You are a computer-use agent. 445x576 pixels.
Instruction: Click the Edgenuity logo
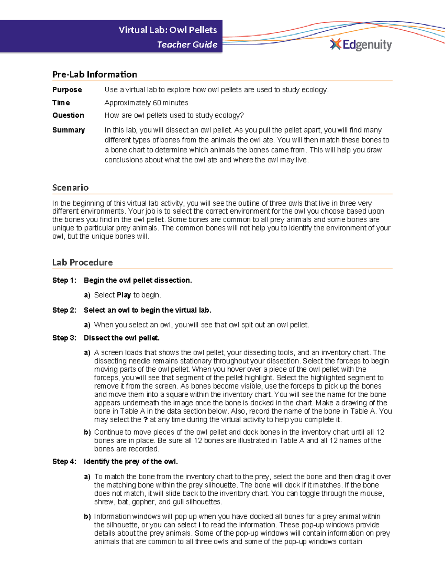tap(361, 45)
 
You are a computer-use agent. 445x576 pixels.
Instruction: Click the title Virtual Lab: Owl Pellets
tap(168, 30)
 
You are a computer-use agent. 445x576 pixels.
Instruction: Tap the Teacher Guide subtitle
tap(187, 45)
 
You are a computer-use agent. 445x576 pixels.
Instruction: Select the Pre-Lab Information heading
tap(95, 74)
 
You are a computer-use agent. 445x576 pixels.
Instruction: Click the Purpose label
tap(67, 90)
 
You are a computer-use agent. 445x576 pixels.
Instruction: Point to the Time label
tap(61, 103)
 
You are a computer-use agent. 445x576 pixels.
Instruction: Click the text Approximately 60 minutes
tap(146, 103)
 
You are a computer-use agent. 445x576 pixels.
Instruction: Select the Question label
tap(68, 115)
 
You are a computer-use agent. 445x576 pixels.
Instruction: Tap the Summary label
tap(69, 130)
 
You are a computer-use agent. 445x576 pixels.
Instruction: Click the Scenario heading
tap(70, 187)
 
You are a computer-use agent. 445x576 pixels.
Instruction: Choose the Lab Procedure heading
tap(82, 262)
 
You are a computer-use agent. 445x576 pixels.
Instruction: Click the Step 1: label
tap(64, 280)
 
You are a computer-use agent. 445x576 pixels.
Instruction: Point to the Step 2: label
tap(64, 310)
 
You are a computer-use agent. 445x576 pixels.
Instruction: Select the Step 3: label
tap(64, 338)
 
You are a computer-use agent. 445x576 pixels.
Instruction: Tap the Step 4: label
tap(64, 461)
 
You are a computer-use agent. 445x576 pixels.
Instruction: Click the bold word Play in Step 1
tap(124, 295)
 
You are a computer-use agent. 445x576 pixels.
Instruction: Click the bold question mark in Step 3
tap(145, 419)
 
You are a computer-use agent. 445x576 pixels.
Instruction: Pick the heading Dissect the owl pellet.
tap(122, 338)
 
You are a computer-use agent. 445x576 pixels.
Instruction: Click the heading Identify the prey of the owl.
tap(131, 461)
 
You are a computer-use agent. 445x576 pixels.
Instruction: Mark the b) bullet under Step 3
tap(87, 432)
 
